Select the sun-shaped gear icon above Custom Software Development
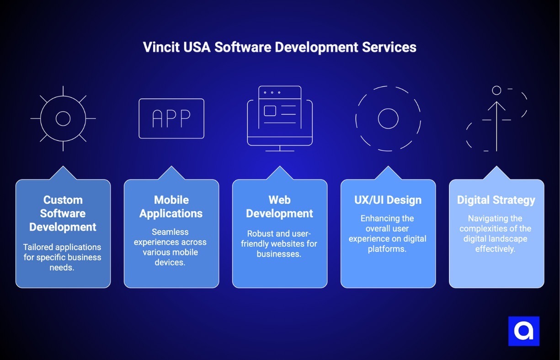tap(63, 118)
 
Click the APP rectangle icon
tap(171, 118)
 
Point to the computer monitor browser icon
tap(280, 118)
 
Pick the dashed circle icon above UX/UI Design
tap(388, 118)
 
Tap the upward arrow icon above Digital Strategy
tap(496, 119)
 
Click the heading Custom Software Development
tap(63, 214)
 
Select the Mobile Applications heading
tap(171, 207)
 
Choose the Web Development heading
tap(280, 207)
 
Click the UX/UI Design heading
tap(388, 200)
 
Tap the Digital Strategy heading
tap(496, 200)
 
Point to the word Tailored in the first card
tap(38, 247)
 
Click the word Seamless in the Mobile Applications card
tap(170, 232)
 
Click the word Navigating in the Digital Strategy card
tap(485, 218)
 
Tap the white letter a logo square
tap(524, 331)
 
